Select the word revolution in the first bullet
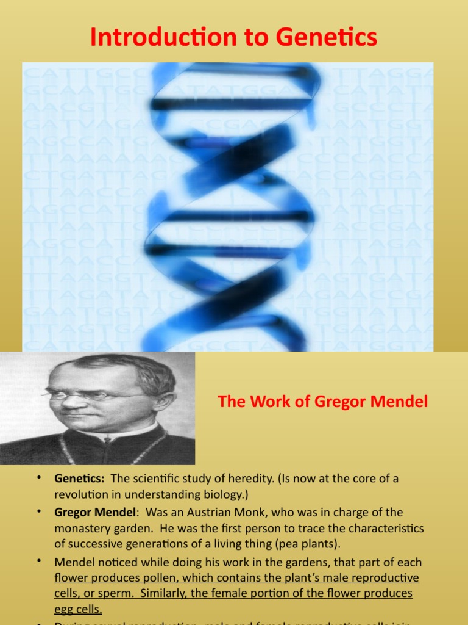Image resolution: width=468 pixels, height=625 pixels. tap(82, 495)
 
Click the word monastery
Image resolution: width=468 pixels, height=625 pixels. tap(82, 529)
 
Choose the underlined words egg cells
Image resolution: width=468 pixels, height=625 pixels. tap(78, 610)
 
